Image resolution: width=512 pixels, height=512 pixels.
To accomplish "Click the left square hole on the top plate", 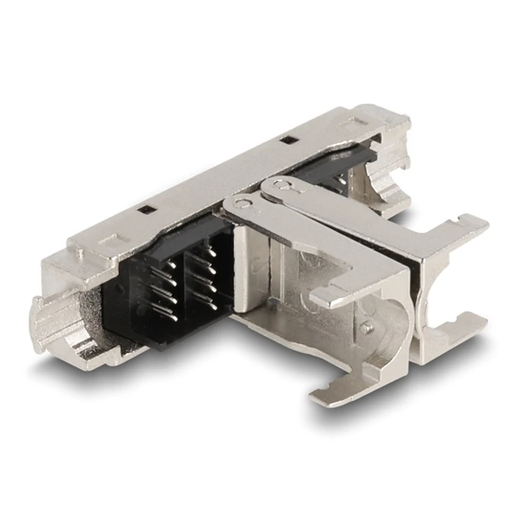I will [149, 211].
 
